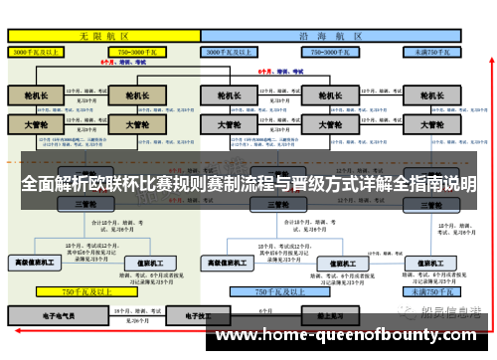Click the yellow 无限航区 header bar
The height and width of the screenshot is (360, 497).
coord(104,34)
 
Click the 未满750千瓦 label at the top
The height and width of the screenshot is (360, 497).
coord(432,49)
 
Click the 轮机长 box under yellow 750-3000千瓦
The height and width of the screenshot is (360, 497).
coord(130,96)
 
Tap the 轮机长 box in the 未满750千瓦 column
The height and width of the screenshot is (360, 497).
coord(431,96)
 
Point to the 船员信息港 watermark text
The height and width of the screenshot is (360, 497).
coord(452,312)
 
